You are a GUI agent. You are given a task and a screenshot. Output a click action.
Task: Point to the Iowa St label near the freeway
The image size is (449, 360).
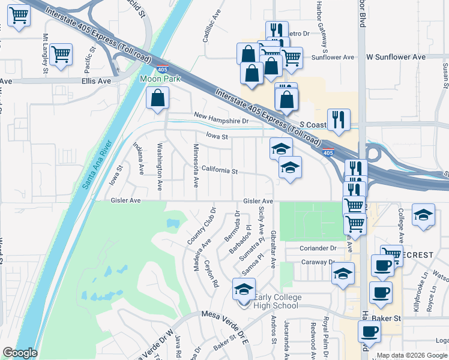pyautogui.click(x=218, y=137)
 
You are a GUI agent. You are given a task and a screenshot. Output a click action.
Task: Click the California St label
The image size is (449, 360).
pyautogui.click(x=220, y=170)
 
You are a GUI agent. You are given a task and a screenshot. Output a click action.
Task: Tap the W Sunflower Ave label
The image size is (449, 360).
pyautogui.click(x=396, y=57)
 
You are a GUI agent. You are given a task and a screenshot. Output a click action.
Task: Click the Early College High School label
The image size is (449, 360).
pyautogui.click(x=276, y=301)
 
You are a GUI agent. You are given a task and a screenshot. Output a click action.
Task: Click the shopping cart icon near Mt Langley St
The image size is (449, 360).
pyautogui.click(x=61, y=54)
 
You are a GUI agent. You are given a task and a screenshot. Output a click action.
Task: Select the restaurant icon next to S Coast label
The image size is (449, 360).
pyautogui.click(x=339, y=119)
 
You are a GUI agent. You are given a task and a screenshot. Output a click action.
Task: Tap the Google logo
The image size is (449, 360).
pyautogui.click(x=20, y=353)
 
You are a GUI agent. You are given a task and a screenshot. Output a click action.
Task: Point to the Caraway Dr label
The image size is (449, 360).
pyautogui.click(x=318, y=262)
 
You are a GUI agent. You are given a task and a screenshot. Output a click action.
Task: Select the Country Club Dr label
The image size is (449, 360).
pyautogui.click(x=201, y=226)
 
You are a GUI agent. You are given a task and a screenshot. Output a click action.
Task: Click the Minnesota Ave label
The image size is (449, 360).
pyautogui.click(x=196, y=163)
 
